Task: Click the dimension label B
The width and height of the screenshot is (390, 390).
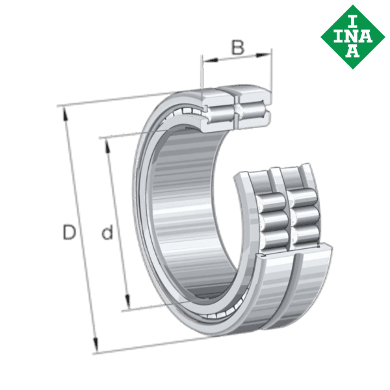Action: point(239,47)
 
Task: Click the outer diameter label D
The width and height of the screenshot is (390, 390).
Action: point(69,232)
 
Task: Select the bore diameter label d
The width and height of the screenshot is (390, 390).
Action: point(108,232)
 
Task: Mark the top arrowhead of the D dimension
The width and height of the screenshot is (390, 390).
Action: point(64,113)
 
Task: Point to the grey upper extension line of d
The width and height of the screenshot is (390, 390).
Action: point(120,135)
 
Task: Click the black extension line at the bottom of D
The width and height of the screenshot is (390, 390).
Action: point(149,345)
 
